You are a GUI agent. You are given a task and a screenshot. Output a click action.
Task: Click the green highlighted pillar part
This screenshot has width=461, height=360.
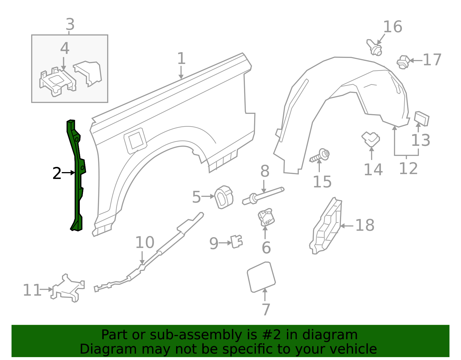coord(77,179)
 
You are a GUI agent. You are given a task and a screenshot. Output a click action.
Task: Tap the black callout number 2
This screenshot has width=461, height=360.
coord(57,174)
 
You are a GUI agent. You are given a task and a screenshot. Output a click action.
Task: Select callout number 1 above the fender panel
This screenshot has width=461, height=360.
coord(181,59)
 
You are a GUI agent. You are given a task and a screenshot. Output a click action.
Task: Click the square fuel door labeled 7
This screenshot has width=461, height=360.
coord(261,277)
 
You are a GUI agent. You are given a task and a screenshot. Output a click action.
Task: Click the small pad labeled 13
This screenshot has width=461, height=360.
coord(422,118)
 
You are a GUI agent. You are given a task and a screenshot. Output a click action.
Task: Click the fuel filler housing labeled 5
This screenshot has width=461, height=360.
coord(224,197)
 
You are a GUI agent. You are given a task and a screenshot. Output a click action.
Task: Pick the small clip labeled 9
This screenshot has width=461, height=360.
coord(237,242)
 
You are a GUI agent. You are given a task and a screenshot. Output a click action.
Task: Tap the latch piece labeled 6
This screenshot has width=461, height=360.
coord(266,218)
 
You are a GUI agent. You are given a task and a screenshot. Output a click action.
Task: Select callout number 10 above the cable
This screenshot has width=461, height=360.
coord(145,242)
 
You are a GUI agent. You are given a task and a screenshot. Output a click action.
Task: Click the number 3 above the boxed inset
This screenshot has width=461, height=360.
coord(70,24)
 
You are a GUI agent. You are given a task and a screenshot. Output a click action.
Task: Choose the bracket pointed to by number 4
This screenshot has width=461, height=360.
coord(58,82)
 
